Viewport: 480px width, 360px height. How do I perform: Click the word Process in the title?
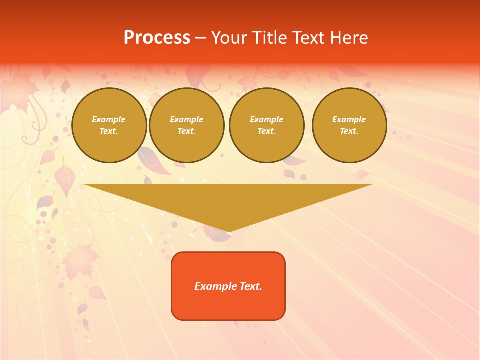click(157, 38)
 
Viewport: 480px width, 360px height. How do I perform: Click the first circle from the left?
click(109, 125)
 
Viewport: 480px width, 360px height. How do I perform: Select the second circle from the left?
click(187, 125)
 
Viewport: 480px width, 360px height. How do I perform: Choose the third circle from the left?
click(267, 125)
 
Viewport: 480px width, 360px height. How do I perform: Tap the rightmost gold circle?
click(349, 125)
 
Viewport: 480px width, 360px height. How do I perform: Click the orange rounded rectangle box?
click(228, 286)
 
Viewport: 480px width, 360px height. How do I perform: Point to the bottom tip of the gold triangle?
click(228, 231)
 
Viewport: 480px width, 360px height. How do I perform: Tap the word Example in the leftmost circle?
click(109, 120)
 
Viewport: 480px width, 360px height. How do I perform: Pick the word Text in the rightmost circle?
click(349, 131)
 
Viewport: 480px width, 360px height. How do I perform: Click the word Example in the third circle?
click(267, 120)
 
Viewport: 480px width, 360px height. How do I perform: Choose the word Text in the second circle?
click(187, 131)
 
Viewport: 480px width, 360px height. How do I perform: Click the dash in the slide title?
click(201, 38)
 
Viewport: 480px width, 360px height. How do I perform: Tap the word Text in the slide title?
click(306, 38)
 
